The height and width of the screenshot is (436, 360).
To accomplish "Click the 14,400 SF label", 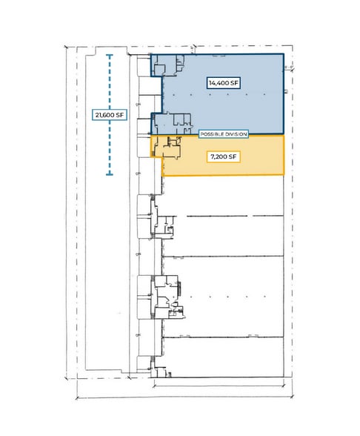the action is pyautogui.click(x=224, y=82).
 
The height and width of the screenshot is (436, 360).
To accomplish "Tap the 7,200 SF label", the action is pyautogui.click(x=224, y=157).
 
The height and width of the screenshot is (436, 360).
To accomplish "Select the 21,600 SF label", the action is pyautogui.click(x=110, y=114).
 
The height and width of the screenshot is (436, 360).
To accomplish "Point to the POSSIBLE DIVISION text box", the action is pyautogui.click(x=224, y=134).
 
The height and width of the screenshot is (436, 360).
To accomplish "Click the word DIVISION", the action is pyautogui.click(x=236, y=134).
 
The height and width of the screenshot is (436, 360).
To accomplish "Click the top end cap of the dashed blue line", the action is pyautogui.click(x=110, y=56).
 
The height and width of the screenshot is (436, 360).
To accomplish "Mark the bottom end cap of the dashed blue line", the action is pyautogui.click(x=110, y=174).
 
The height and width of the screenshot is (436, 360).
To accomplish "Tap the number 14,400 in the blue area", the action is pyautogui.click(x=219, y=82).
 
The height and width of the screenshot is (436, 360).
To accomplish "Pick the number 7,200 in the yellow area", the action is pyautogui.click(x=219, y=157).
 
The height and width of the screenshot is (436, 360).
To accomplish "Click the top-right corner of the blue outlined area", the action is pyautogui.click(x=284, y=54).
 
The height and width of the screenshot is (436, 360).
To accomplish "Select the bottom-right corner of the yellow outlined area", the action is pyautogui.click(x=284, y=175).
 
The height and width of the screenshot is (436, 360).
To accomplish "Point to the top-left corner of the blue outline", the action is pyautogui.click(x=151, y=55).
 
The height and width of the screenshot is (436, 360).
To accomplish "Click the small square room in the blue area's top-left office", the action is pyautogui.click(x=159, y=70).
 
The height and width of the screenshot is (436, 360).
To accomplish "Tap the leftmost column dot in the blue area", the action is pyautogui.click(x=173, y=95).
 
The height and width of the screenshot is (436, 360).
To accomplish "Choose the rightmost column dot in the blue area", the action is pyautogui.click(x=264, y=95).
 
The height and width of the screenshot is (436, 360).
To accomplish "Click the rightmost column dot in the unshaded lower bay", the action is pyautogui.click(x=264, y=297).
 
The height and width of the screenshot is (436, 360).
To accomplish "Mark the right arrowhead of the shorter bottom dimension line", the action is pyautogui.click(x=284, y=385).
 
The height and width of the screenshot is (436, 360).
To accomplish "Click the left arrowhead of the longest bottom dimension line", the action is pyautogui.click(x=77, y=398).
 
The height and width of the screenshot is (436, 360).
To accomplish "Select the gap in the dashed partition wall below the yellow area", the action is pyautogui.click(x=181, y=216).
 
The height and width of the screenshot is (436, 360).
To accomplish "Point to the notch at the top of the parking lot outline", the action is pyautogui.click(x=111, y=51).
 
